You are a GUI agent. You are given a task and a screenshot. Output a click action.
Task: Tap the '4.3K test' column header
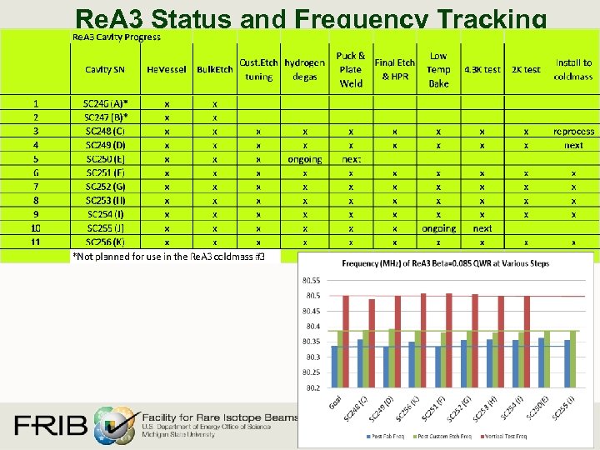(482, 70)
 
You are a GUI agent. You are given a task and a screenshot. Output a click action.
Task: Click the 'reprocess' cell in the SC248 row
(573, 132)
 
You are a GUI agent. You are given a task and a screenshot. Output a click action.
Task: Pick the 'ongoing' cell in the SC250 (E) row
(304, 159)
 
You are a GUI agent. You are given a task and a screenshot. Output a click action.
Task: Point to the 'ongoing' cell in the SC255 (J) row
(438, 228)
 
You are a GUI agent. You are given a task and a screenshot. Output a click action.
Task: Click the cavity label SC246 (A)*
(112, 104)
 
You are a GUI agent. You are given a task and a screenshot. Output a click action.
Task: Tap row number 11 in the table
(36, 242)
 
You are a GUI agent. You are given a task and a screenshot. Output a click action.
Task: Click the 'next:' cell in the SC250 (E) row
(351, 159)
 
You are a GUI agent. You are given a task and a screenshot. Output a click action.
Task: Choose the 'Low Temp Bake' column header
(438, 70)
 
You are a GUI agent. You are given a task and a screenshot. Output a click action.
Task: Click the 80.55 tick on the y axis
(311, 281)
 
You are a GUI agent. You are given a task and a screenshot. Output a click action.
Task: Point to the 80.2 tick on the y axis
(312, 387)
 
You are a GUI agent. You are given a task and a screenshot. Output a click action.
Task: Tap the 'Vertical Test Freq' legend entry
(503, 436)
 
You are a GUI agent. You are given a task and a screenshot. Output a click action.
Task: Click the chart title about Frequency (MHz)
(445, 264)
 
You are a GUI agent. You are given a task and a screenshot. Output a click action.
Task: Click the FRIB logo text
(50, 426)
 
